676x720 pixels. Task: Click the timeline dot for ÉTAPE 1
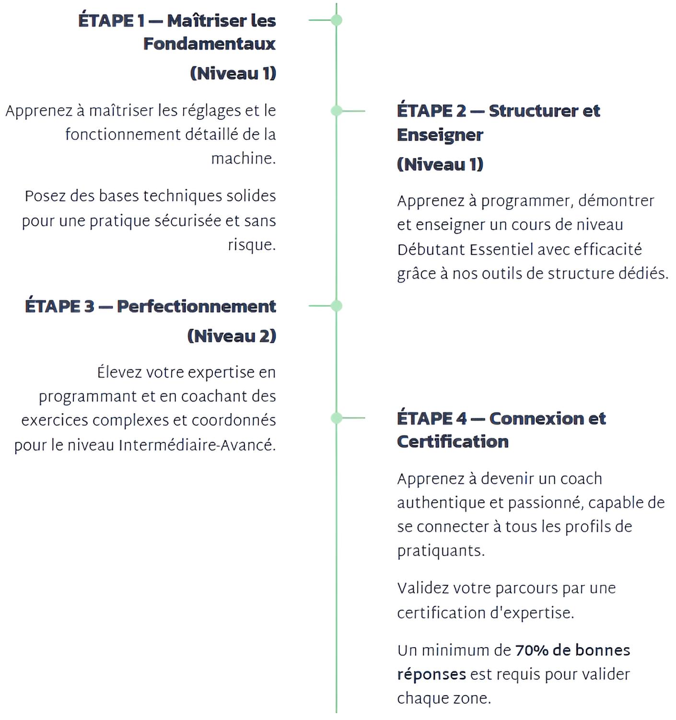point(337,20)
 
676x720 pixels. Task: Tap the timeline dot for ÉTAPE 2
point(337,111)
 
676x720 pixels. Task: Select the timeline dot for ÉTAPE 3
point(337,306)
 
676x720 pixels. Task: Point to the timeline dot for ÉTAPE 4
point(337,418)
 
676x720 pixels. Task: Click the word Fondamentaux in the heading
point(210,44)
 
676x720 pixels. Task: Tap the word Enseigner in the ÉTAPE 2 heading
point(440,135)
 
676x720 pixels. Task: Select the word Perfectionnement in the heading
point(197,306)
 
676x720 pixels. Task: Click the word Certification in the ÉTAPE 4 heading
point(453,441)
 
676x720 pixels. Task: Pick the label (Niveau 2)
point(232,336)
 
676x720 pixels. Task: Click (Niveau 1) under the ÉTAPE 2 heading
point(440,164)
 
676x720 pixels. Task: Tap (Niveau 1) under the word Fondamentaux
point(233,73)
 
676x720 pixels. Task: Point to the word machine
point(243,158)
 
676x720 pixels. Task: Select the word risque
point(251,245)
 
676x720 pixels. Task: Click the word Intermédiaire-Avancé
point(197,445)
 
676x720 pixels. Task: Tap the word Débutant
point(431,250)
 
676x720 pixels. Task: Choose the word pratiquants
point(441,551)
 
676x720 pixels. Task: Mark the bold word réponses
point(431,674)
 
